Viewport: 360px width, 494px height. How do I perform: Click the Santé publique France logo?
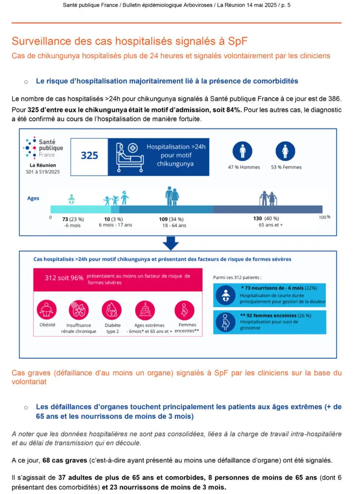[x=43, y=148]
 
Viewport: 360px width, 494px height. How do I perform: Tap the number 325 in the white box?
[x=89, y=155]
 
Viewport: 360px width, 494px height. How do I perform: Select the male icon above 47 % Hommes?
[x=242, y=150]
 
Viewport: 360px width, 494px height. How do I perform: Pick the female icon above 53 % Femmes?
[x=285, y=150]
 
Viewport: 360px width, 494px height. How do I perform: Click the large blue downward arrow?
[x=170, y=242]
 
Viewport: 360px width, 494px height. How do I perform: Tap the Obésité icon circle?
[x=47, y=310]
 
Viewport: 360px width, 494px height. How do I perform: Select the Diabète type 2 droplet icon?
[x=112, y=310]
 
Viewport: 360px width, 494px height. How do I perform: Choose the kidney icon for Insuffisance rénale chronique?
[x=79, y=310]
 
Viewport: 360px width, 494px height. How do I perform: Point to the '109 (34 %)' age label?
[x=171, y=219]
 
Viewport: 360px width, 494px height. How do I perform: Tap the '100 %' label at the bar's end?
[x=324, y=217]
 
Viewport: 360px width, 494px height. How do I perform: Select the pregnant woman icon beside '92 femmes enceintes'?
[x=225, y=321]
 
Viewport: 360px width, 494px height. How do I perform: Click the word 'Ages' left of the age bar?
[x=33, y=198]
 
